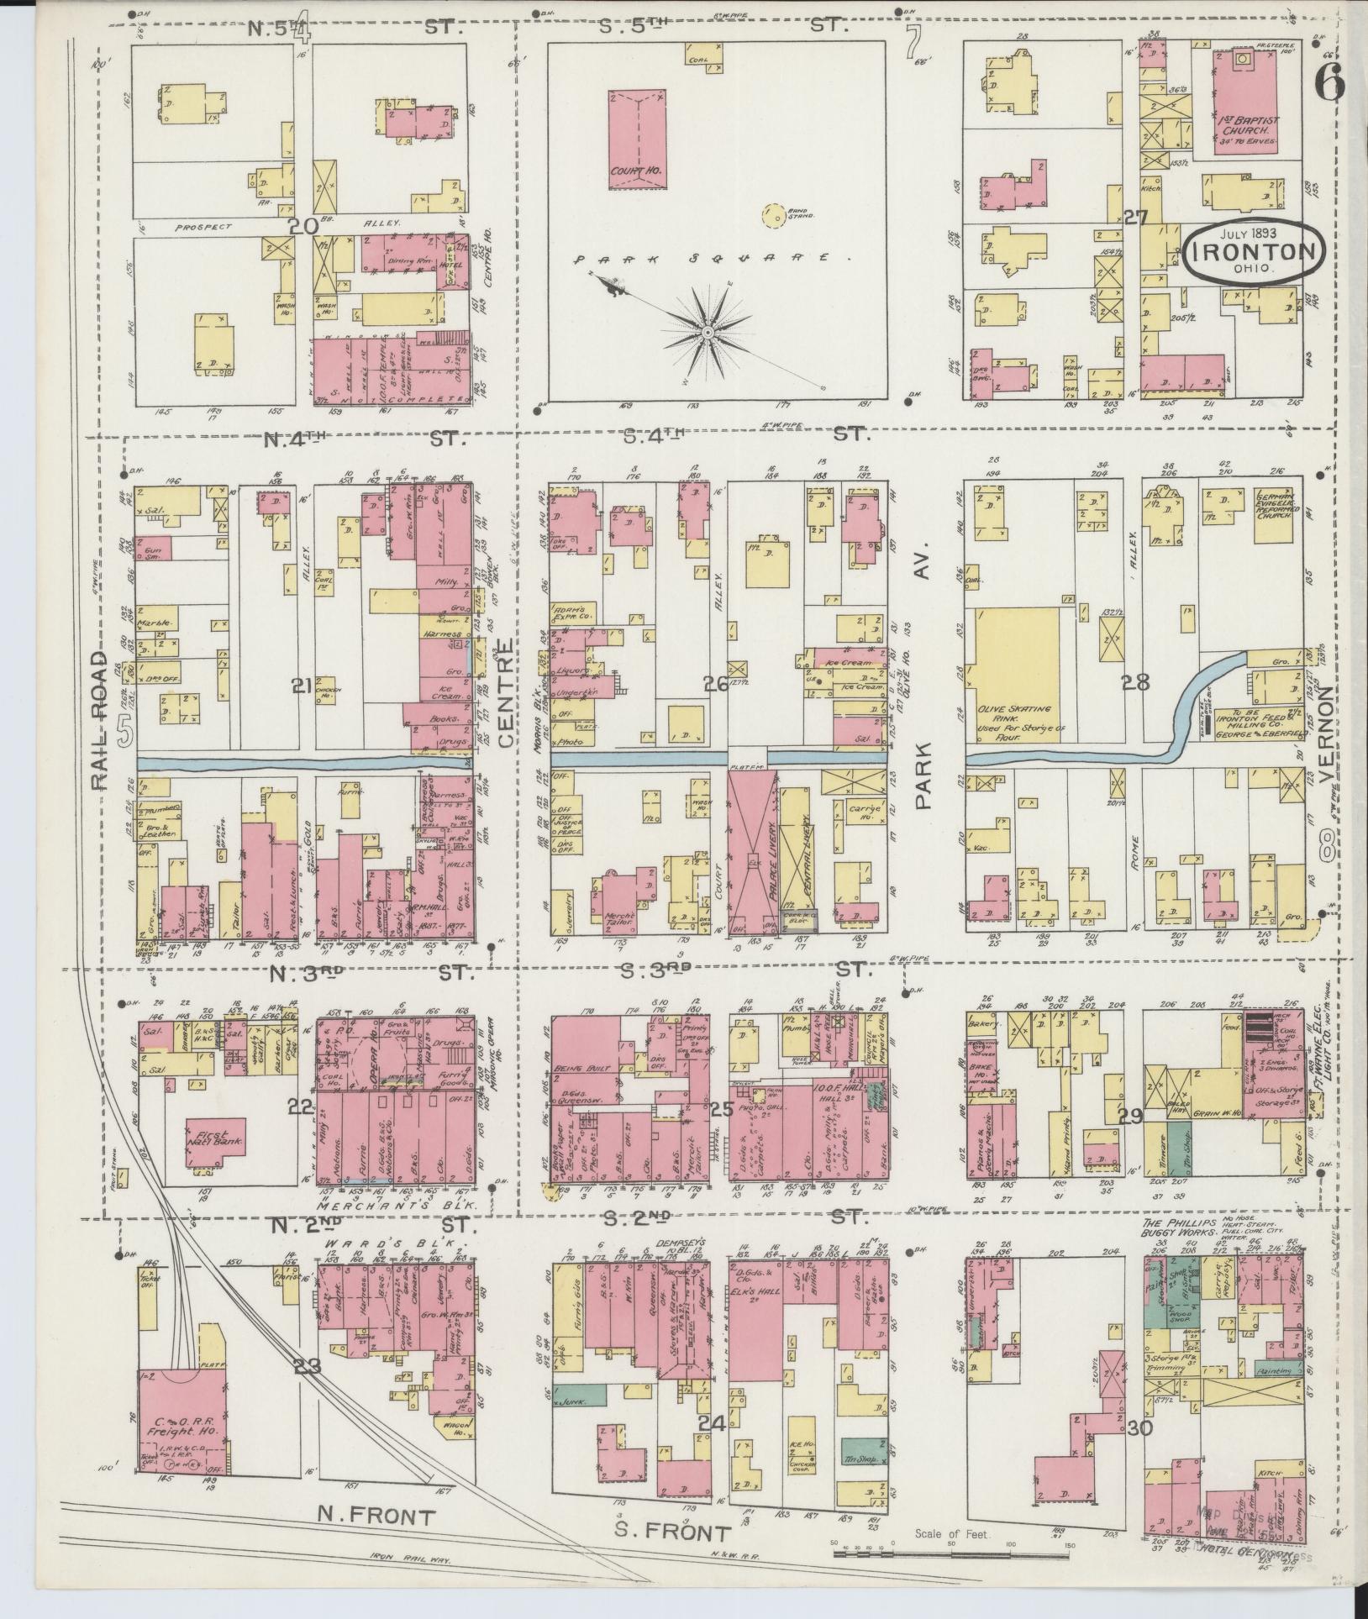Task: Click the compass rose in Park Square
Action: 708,334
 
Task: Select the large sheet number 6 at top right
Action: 1329,84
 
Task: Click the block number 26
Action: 717,686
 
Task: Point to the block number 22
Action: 299,1106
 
